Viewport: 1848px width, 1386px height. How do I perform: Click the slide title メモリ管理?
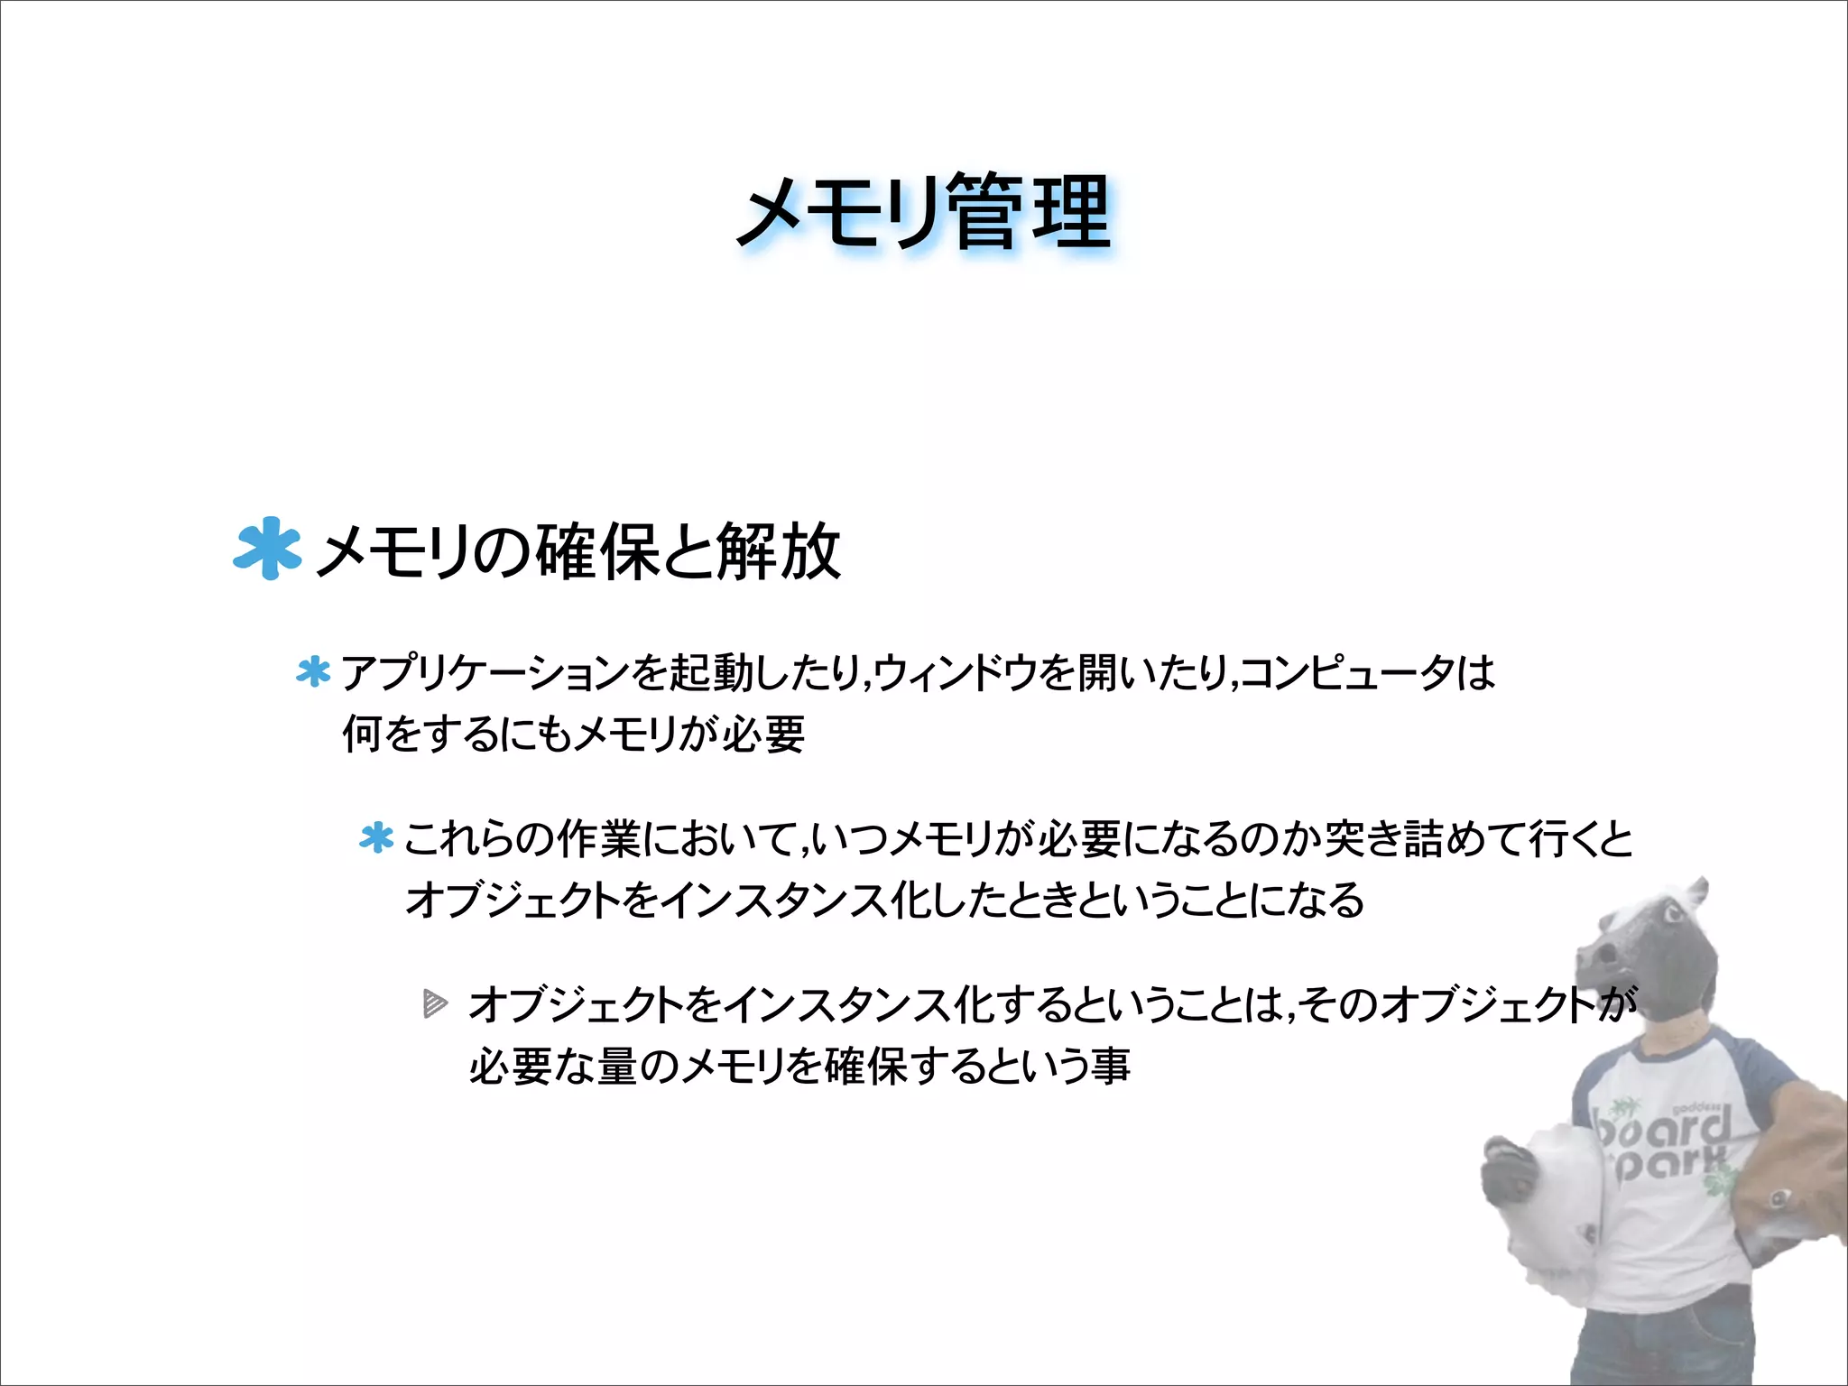(924, 213)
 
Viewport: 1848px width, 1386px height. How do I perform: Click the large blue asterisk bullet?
(266, 548)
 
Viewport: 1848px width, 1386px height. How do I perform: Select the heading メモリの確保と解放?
(578, 551)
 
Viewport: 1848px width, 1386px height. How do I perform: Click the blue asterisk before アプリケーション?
(313, 672)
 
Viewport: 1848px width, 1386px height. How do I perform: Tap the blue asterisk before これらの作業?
(376, 838)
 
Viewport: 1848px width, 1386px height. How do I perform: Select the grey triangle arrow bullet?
(435, 1003)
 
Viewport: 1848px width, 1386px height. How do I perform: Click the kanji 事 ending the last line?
(1111, 1066)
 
